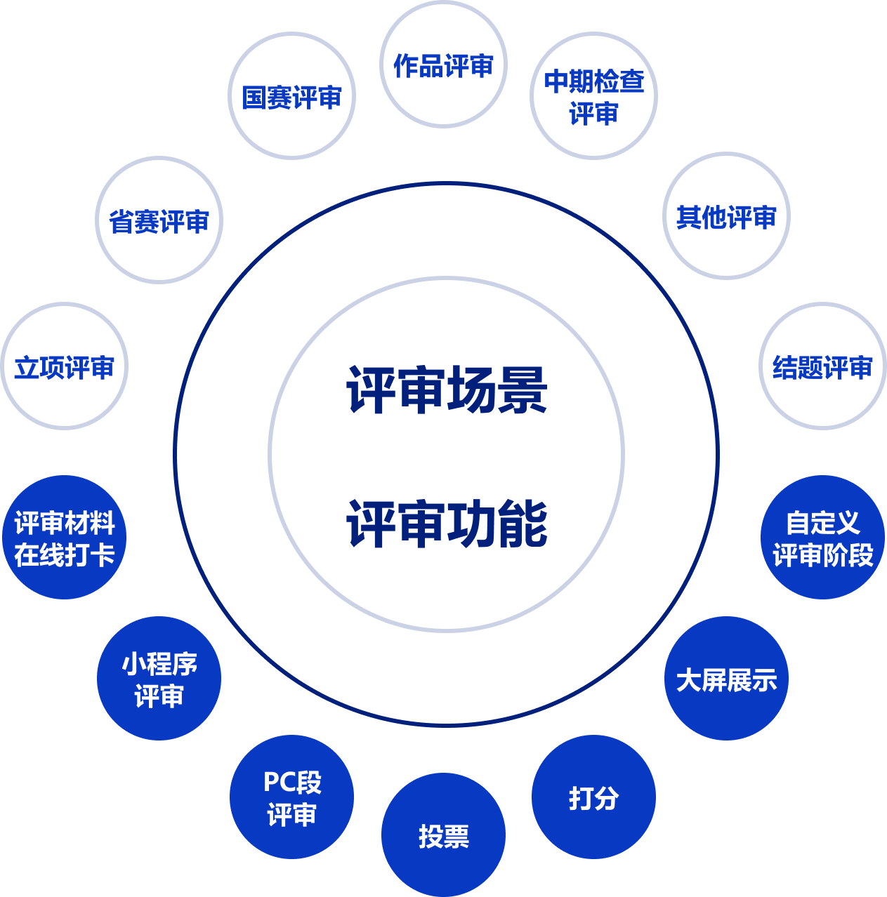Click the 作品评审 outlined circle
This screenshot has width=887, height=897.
click(443, 65)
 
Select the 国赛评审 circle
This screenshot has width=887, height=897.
click(292, 96)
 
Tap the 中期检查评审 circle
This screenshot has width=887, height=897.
click(593, 96)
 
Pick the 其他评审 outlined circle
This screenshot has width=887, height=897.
click(726, 216)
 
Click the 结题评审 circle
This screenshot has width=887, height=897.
click(822, 366)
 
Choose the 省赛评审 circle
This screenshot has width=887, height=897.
click(159, 220)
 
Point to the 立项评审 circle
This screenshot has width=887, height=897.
click(65, 366)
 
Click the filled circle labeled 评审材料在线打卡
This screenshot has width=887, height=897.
click(65, 538)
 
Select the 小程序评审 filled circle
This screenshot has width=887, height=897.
click(159, 678)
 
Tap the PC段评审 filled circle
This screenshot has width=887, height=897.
click(291, 797)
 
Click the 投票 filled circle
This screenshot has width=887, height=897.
click(443, 835)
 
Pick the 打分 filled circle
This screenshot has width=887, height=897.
click(593, 797)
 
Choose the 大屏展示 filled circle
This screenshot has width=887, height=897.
click(726, 679)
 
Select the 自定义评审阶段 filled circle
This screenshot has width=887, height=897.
click(822, 538)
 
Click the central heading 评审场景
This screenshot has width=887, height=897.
click(447, 390)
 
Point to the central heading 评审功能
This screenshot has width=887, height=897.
click(447, 524)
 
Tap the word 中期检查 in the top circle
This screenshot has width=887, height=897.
click(594, 81)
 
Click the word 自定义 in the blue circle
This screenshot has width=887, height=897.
click(822, 523)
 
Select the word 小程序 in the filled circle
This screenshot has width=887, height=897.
click(159, 663)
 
